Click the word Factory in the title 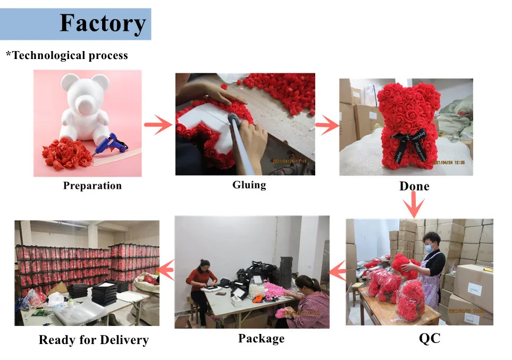103,23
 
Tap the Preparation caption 93,186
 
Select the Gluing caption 249,185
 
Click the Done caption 414,186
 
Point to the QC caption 430,338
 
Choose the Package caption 261,338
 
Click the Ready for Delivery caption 94,340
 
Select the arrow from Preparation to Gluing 158,125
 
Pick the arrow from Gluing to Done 327,126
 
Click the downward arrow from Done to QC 413,204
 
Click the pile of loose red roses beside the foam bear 63,154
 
